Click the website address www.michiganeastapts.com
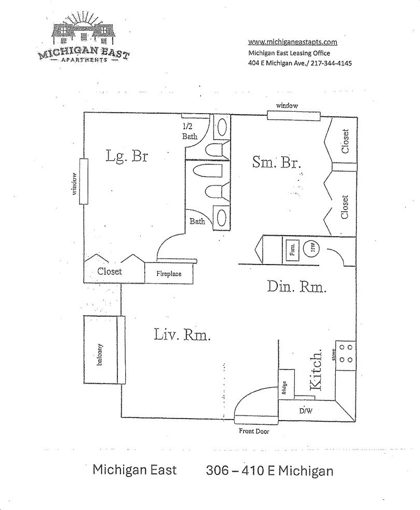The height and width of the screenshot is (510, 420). tap(293, 42)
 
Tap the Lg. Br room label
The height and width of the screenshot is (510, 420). tap(127, 156)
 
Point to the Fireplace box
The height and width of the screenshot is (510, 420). tap(169, 273)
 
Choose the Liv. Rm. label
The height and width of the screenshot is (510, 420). tap(182, 335)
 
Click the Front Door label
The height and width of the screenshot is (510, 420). tap(253, 431)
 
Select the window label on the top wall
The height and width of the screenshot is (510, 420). tap(287, 105)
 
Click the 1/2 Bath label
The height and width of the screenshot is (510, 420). tap(189, 132)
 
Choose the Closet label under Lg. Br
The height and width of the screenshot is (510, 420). tap(109, 271)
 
